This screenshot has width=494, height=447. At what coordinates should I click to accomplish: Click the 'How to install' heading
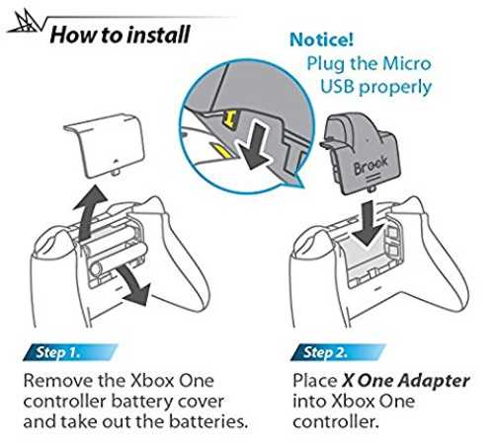coord(121,35)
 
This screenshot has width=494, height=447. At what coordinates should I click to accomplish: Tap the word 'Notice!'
coord(321,39)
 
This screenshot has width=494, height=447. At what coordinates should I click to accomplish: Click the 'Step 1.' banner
coord(70,352)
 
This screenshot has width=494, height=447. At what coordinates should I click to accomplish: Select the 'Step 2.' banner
coord(338,352)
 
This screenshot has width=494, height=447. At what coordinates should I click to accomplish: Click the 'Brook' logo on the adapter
coord(370,165)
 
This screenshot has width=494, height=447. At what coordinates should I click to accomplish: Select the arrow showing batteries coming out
coord(134,284)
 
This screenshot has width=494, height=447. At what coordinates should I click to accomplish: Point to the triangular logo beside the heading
coord(26,22)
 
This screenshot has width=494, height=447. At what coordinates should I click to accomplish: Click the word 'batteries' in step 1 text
coord(208,422)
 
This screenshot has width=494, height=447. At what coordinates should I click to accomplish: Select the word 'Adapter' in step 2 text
coord(434,381)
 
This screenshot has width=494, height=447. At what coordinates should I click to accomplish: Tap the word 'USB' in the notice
coord(337,87)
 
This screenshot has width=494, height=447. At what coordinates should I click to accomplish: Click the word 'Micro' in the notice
coord(407,63)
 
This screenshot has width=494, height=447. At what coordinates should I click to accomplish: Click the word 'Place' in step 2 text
coord(314,381)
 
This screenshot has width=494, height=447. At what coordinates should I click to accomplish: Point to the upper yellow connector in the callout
coord(230,119)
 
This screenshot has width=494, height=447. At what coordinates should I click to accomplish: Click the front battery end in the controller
coord(96,269)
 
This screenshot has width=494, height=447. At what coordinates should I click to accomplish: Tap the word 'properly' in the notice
coord(395,88)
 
